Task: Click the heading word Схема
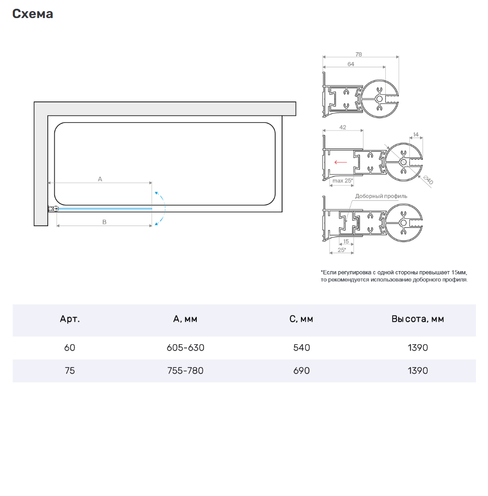click(32, 13)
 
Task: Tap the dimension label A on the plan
click(100, 179)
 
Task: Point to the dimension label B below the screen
click(105, 222)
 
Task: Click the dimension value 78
click(358, 55)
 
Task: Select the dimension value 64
click(350, 64)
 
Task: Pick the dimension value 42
click(343, 128)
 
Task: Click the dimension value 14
click(416, 135)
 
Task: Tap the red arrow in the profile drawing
click(341, 162)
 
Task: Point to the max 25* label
click(343, 180)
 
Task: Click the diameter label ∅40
click(428, 180)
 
